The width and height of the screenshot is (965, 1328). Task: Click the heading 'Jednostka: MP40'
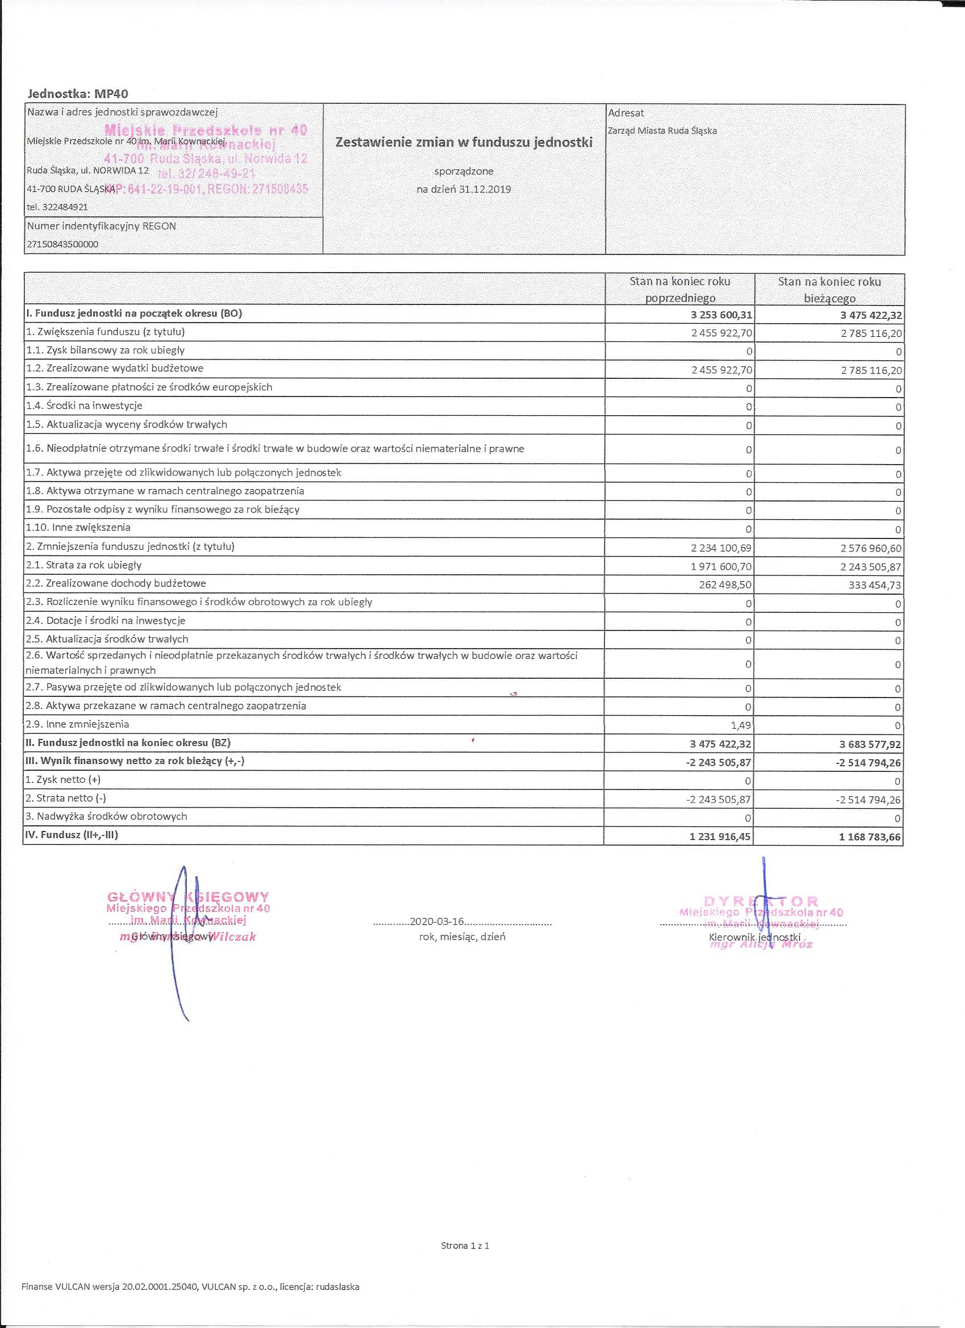point(78,93)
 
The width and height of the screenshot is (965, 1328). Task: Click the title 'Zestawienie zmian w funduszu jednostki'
point(463,142)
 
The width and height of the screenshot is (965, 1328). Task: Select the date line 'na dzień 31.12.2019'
point(463,189)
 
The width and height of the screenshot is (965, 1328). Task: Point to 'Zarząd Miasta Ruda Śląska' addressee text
point(662,131)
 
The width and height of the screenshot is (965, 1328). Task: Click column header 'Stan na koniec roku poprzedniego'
point(679,289)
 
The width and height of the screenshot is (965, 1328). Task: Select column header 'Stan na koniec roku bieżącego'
point(829,289)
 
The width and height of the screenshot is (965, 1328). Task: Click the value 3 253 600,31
point(721,315)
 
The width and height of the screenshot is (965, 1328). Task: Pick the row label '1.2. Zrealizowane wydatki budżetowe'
point(115,368)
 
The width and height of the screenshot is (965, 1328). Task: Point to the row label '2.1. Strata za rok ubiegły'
point(83,565)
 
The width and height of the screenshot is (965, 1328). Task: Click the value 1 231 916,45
point(721,837)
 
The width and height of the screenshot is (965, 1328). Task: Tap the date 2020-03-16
point(437,921)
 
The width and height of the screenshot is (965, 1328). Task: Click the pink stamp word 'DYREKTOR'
point(761,901)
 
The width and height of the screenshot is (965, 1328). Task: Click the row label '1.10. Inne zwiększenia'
point(78,528)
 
